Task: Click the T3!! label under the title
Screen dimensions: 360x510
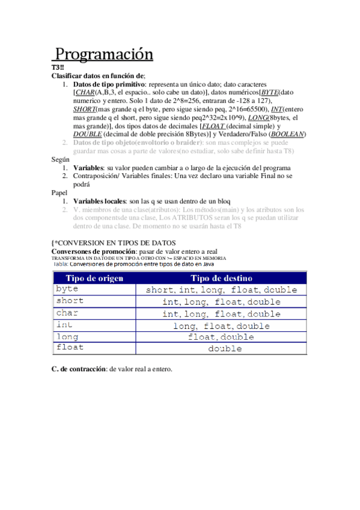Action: pyautogui.click(x=58, y=67)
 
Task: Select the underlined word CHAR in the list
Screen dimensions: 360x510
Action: pyautogui.click(x=85, y=93)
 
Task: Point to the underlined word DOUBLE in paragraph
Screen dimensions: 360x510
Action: pyautogui.click(x=87, y=134)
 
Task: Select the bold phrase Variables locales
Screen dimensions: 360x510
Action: pyautogui.click(x=99, y=200)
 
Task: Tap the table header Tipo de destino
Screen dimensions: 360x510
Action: pyautogui.click(x=221, y=278)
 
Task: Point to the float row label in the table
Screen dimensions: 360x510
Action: pyautogui.click(x=69, y=348)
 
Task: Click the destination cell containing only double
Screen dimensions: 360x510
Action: pyautogui.click(x=221, y=348)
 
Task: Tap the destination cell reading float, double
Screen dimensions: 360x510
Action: pyautogui.click(x=221, y=337)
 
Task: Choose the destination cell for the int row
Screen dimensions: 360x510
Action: pyautogui.click(x=221, y=325)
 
